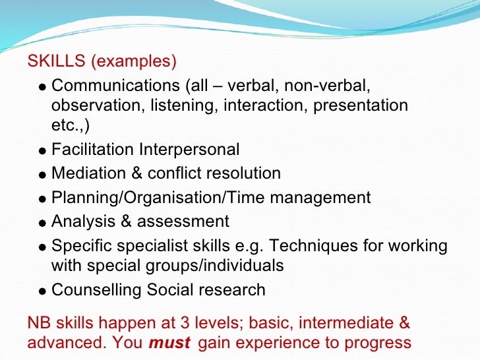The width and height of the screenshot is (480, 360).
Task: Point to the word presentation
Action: [361, 105]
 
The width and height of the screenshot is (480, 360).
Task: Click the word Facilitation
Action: [92, 150]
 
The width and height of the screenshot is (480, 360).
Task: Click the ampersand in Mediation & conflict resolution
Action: [135, 173]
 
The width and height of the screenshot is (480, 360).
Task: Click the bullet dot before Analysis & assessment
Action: [42, 223]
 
